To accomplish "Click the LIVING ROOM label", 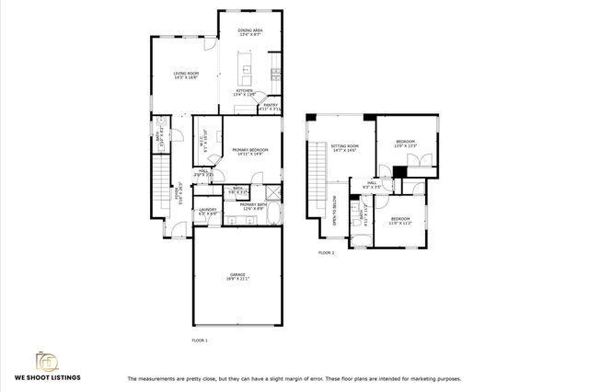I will pos(187,75).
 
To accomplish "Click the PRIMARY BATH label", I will pos(253,207).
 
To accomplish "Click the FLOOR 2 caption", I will pos(326,252).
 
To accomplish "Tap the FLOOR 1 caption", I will pos(200,340).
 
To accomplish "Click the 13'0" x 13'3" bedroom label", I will pos(406,144).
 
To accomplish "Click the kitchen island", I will pos(246,67).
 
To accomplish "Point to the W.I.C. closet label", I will pos(203,144).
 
